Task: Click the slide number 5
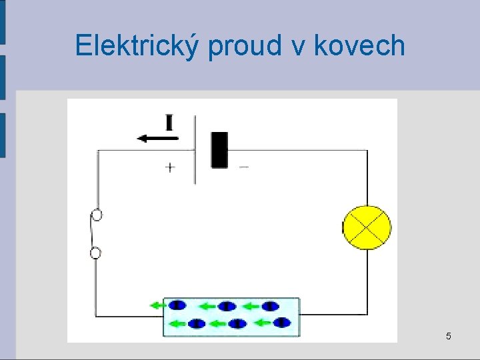[448, 336]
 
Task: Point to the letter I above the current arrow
[169, 123]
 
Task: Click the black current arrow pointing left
[157, 138]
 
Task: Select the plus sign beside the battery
[170, 167]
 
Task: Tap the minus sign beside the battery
[243, 167]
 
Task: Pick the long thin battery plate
[195, 149]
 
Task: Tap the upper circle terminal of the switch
[97, 215]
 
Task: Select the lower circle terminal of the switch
[96, 252]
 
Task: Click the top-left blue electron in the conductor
[177, 305]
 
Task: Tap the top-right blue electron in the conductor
[270, 306]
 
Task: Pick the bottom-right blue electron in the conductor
[283, 323]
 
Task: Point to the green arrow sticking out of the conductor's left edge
[157, 305]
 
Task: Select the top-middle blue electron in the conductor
[227, 306]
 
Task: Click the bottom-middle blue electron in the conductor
[237, 324]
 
